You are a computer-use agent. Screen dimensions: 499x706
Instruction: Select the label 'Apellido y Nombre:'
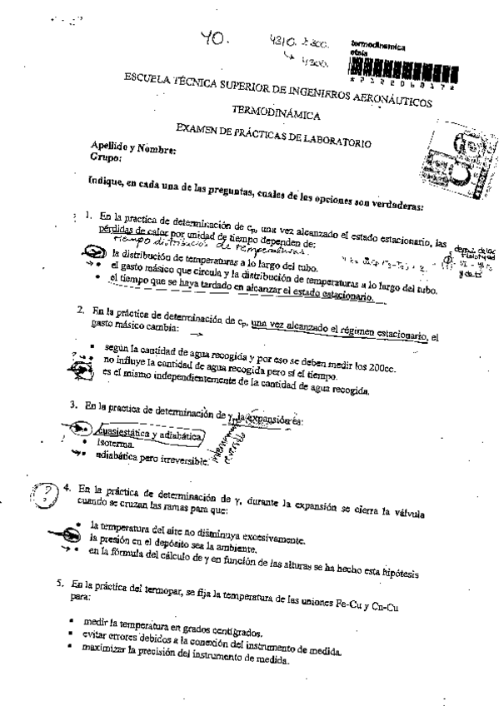coord(133,151)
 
